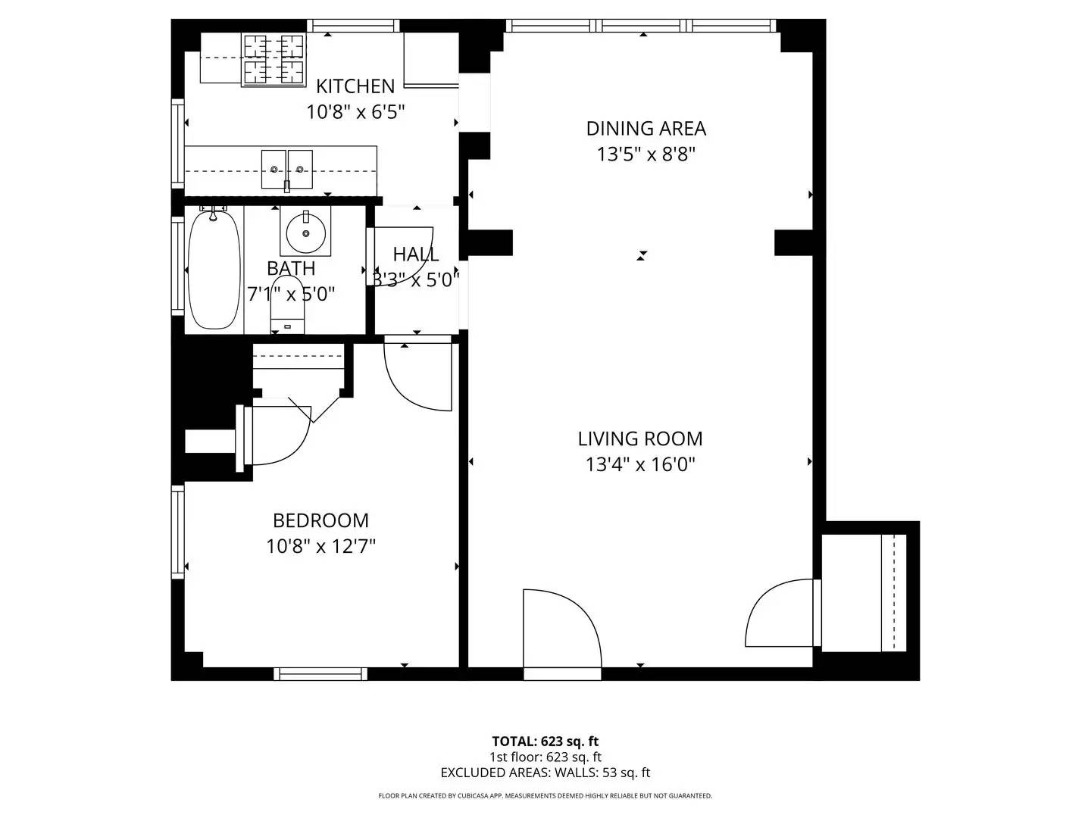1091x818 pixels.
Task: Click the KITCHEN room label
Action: (355, 86)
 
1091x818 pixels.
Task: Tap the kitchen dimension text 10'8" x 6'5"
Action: (355, 112)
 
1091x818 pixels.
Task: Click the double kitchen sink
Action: (286, 169)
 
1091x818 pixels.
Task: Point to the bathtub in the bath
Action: (214, 270)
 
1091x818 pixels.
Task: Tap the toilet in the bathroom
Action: (288, 304)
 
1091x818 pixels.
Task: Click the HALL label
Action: (415, 254)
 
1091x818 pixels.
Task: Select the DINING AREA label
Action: (646, 129)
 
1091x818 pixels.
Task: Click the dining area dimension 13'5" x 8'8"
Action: (646, 155)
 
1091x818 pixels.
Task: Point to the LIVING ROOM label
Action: (640, 439)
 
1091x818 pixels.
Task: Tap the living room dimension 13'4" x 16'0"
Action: (640, 464)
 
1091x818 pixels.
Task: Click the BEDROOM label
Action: (320, 520)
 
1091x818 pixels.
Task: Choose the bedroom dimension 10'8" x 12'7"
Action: (320, 546)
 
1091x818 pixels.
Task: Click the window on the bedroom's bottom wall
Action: (320, 673)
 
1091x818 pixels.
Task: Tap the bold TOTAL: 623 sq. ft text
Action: (545, 742)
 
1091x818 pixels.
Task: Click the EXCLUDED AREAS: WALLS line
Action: (545, 773)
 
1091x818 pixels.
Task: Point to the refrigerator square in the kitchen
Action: (431, 59)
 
